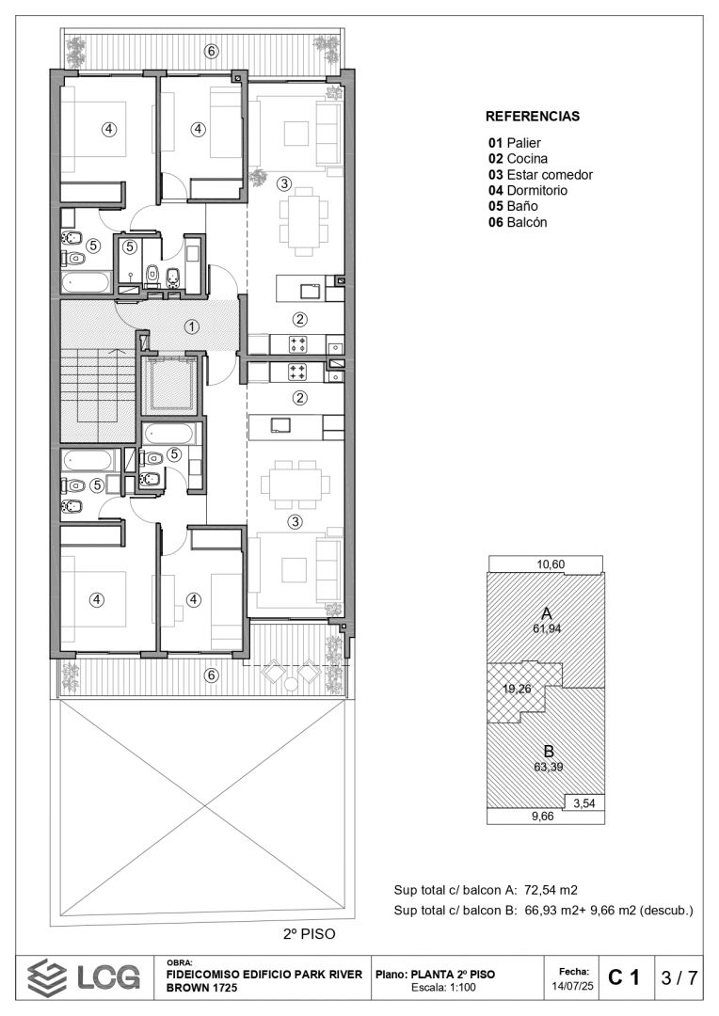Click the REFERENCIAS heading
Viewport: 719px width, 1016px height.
point(533,117)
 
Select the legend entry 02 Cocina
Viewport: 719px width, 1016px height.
point(518,159)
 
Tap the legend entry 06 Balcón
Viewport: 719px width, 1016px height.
point(518,222)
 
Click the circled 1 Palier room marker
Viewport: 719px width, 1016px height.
point(192,327)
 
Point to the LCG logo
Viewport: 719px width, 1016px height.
point(84,977)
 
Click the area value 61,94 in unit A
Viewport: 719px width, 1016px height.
point(547,628)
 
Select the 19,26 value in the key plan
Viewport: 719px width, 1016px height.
point(517,689)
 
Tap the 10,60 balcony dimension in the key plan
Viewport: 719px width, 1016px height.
point(551,564)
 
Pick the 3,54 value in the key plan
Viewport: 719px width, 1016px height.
point(584,803)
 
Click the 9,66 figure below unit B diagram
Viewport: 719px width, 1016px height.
point(543,817)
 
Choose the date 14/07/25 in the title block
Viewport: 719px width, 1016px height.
point(572,987)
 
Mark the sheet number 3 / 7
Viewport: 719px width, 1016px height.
point(679,977)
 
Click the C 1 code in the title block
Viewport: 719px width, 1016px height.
point(624,977)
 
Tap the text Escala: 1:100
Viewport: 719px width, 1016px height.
point(443,988)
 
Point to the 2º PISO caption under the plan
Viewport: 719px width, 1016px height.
point(310,934)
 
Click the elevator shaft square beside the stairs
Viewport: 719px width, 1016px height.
point(168,386)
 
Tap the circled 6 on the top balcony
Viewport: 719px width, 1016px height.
point(212,52)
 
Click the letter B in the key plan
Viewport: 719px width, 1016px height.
point(549,752)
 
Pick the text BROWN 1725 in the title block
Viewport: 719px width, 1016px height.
point(201,988)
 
